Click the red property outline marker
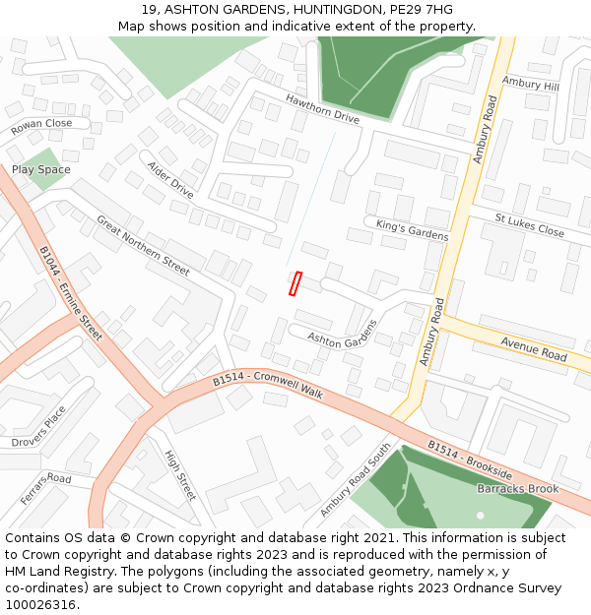pyautogui.click(x=295, y=283)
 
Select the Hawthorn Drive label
pyautogui.click(x=322, y=108)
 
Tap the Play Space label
pyautogui.click(x=41, y=169)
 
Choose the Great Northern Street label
pyautogui.click(x=143, y=244)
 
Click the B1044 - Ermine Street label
pyautogui.click(x=71, y=293)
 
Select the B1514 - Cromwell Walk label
pyautogui.click(x=268, y=385)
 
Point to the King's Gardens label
pyautogui.click(x=412, y=230)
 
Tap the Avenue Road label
pyautogui.click(x=534, y=348)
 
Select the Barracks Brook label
pyautogui.click(x=518, y=488)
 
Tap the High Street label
pyautogui.click(x=180, y=474)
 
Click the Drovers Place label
pyautogui.click(x=39, y=426)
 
